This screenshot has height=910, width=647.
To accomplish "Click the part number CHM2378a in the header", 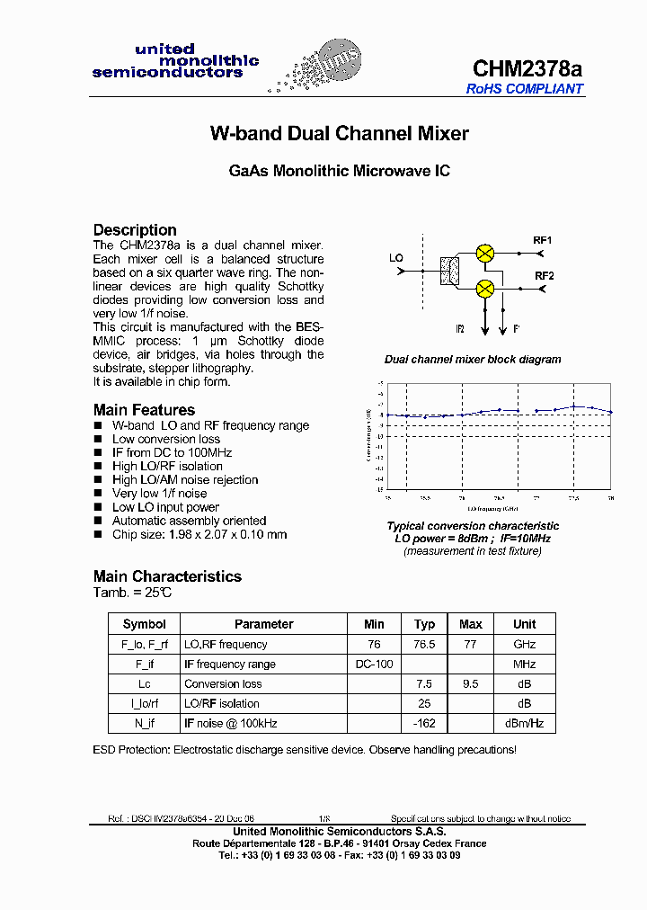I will point(527,69).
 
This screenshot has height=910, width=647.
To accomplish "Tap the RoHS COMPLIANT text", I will point(525,89).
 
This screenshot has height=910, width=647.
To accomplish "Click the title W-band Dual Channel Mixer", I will point(339,134).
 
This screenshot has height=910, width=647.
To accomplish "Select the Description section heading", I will point(135,229).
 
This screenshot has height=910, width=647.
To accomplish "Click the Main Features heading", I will point(144,410).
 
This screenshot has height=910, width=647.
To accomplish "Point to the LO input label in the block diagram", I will point(396,258).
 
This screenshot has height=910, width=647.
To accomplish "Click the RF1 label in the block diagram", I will point(543,241).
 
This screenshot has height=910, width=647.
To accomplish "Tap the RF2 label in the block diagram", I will point(544,276).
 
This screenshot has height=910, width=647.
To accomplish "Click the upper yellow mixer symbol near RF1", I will point(485,253).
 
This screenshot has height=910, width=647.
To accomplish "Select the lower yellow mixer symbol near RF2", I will point(485,288).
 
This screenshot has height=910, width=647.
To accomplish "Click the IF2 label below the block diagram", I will point(459,329).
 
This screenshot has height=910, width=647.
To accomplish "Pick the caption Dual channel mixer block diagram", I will point(473,360).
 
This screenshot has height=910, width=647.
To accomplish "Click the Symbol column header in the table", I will point(145,624).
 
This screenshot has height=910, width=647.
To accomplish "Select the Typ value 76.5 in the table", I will point(425,645).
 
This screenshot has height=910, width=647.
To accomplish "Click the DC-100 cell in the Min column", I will point(374,665).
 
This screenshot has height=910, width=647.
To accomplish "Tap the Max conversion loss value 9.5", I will point(470,684).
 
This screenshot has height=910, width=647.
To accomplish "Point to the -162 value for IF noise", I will point(425,724).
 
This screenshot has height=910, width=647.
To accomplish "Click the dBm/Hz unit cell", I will point(524,724).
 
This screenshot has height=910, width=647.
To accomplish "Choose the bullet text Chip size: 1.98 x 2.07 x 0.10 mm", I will point(199,534).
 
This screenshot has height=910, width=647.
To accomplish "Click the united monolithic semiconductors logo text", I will point(175,61).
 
